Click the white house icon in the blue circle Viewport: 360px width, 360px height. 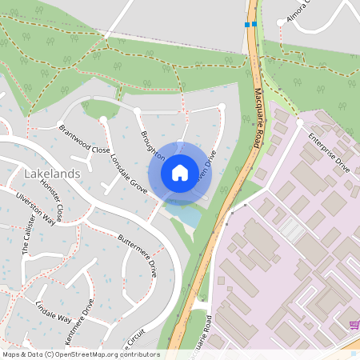tap(180, 172)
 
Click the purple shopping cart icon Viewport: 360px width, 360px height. tap(353, 324)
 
